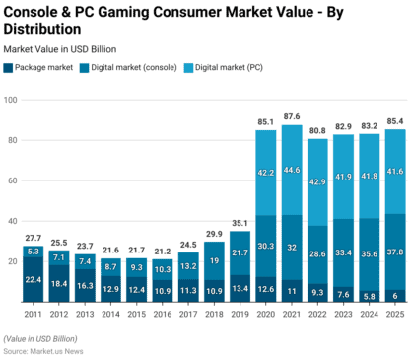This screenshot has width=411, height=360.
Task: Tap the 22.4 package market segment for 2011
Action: point(34,280)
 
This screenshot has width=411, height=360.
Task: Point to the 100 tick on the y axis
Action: point(13,100)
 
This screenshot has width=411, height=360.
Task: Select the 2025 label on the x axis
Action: point(394,315)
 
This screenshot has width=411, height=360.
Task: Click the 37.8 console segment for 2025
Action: point(394,252)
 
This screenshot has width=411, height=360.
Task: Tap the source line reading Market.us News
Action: point(45,349)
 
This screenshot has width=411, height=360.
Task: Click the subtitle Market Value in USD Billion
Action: point(60,48)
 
